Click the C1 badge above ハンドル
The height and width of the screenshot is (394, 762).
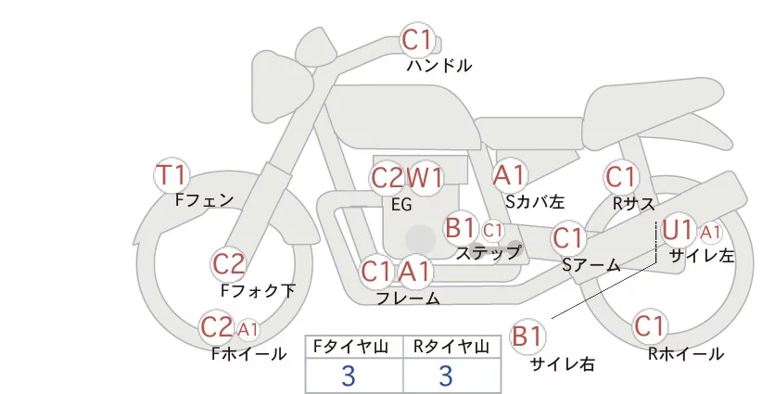click(418, 40)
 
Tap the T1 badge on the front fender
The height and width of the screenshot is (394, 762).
click(172, 173)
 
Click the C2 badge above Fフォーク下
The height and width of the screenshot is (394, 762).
click(228, 264)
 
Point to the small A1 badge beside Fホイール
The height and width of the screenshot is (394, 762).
click(248, 328)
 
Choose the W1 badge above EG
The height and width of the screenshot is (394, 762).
click(425, 177)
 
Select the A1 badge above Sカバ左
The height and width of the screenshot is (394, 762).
click(510, 174)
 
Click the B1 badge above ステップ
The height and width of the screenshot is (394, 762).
click(461, 227)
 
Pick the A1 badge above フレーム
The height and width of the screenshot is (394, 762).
click(416, 272)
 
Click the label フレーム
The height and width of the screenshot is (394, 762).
click(408, 298)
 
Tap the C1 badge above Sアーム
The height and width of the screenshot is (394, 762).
click(568, 237)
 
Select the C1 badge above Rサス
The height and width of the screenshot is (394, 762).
click(620, 176)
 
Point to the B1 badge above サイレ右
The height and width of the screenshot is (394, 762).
click(527, 336)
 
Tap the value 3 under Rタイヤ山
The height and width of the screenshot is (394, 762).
click(446, 375)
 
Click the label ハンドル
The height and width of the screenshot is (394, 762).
click(439, 66)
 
